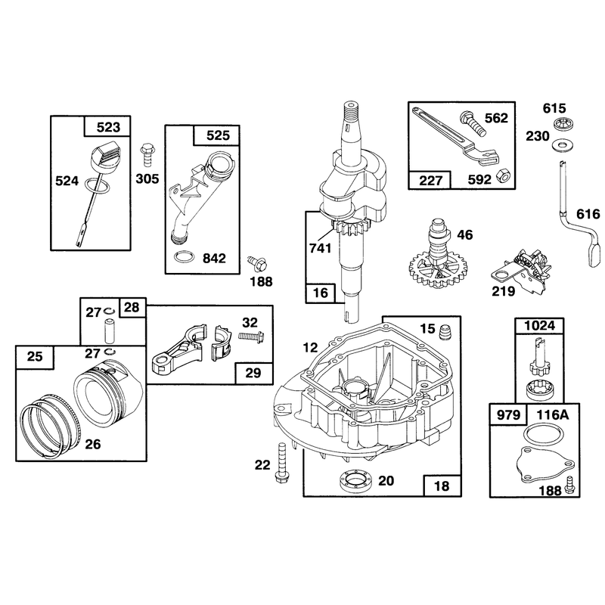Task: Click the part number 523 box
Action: click(x=107, y=126)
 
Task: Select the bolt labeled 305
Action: click(x=147, y=155)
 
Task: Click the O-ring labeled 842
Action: click(x=183, y=257)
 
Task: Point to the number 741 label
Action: click(x=320, y=248)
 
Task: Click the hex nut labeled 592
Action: click(x=503, y=175)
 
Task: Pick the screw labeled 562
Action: click(x=471, y=123)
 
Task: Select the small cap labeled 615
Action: click(x=562, y=124)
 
